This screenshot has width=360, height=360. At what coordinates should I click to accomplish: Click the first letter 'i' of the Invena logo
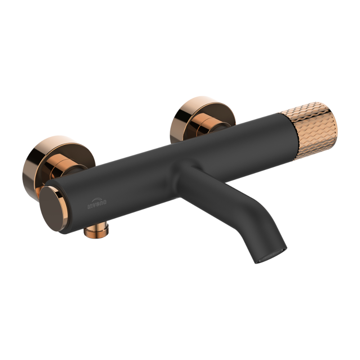pos(89,206)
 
